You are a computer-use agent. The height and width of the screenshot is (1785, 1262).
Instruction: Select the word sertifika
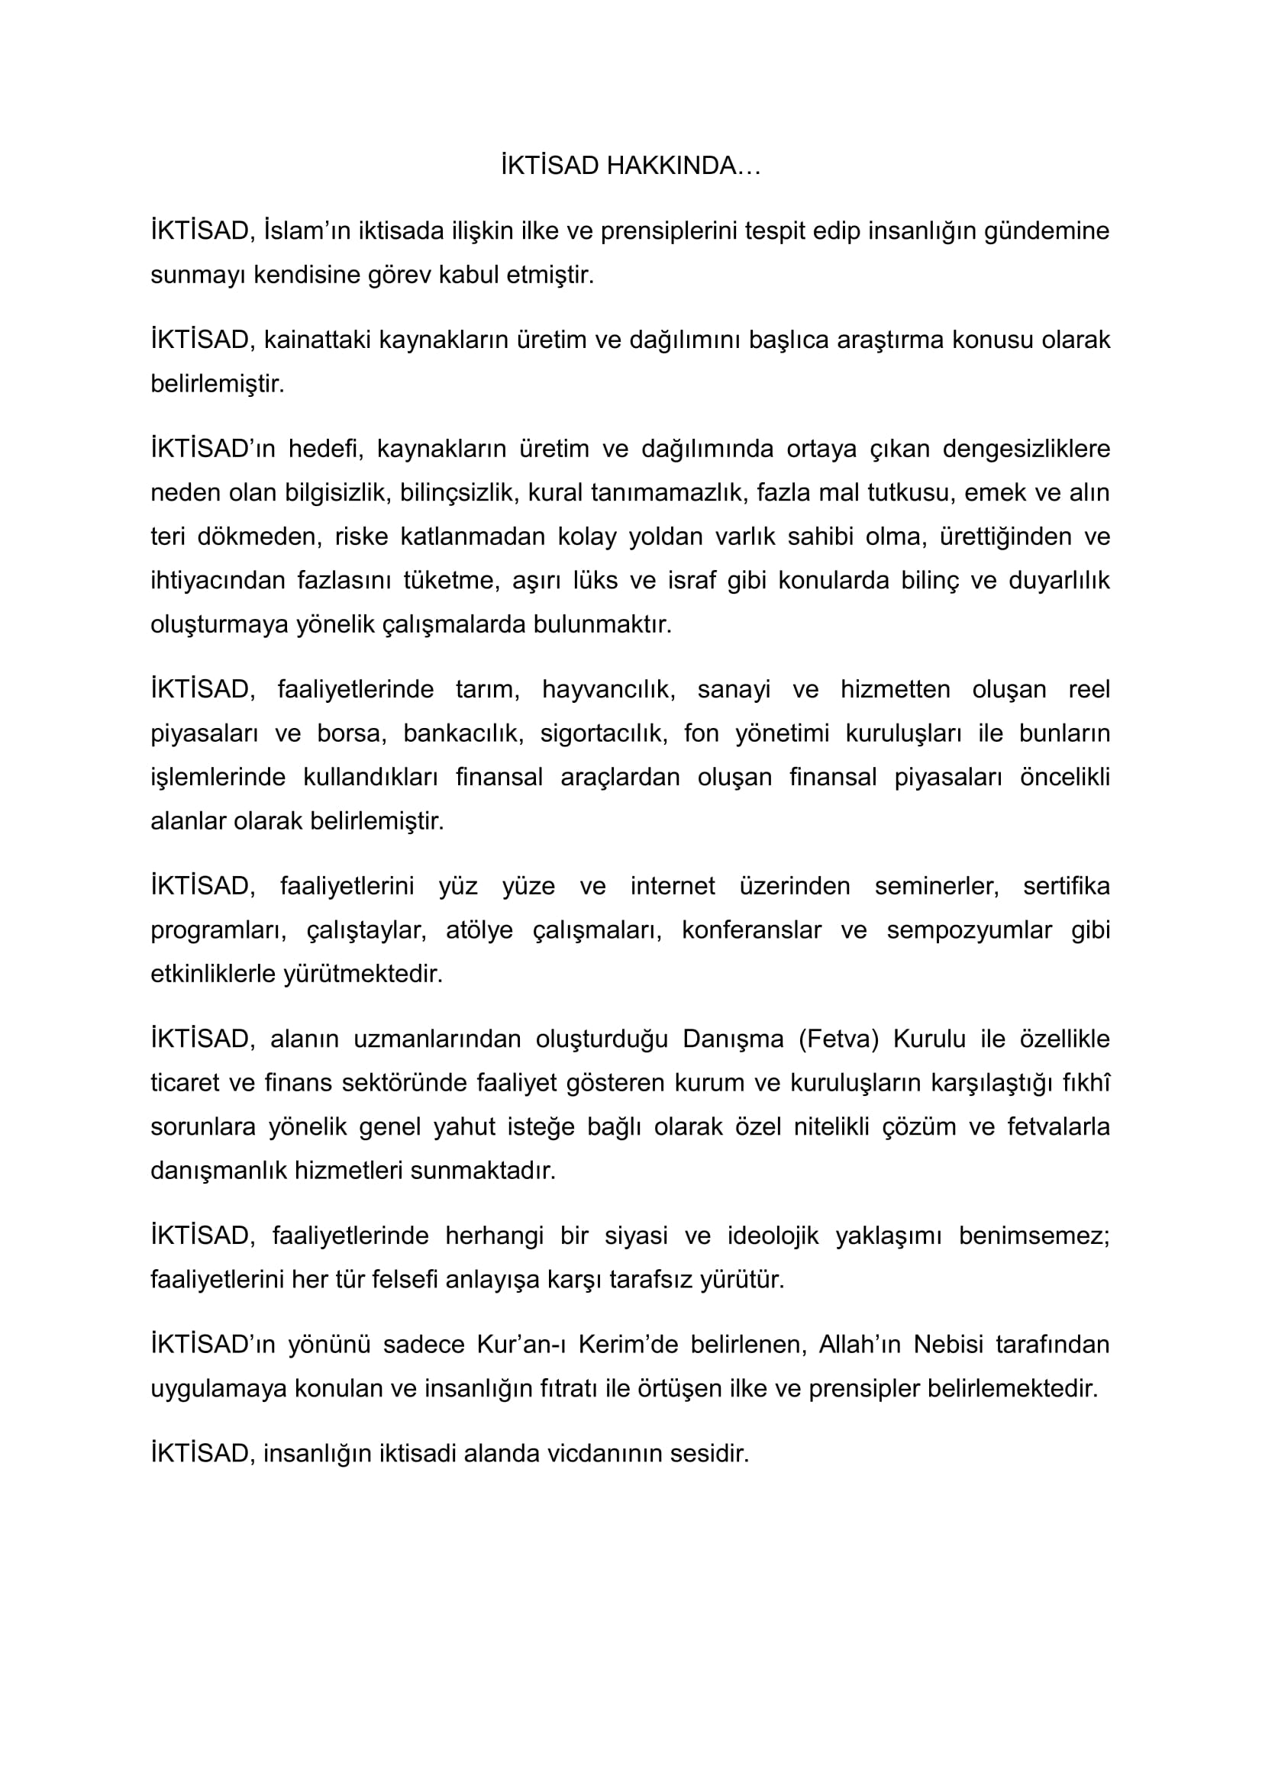1066,886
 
